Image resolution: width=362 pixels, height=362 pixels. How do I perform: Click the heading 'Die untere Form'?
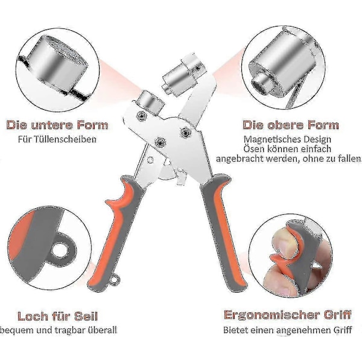click(x=57, y=125)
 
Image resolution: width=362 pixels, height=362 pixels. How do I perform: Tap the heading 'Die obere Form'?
click(x=291, y=125)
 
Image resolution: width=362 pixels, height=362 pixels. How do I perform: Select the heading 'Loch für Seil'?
click(x=58, y=316)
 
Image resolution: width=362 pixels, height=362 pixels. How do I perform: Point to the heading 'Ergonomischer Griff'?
click(x=287, y=315)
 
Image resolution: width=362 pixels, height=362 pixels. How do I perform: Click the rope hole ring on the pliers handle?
click(x=115, y=281)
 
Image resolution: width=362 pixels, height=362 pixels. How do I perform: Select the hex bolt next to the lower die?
click(x=141, y=115)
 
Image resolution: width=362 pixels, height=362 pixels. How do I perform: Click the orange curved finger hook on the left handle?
click(x=120, y=198)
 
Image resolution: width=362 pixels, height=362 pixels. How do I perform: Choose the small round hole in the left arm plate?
click(x=150, y=159)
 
